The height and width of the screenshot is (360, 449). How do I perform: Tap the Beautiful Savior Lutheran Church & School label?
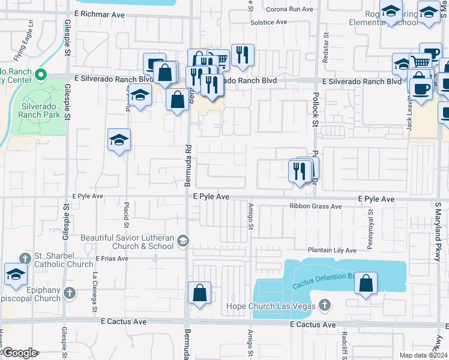pyautogui.click(x=127, y=242)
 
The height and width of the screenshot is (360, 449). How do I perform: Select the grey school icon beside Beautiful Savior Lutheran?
pyautogui.click(x=182, y=241)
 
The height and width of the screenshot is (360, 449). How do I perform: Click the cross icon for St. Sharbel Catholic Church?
pyautogui.click(x=24, y=259)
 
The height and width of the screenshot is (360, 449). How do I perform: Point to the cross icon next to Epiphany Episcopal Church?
pyautogui.click(x=70, y=293)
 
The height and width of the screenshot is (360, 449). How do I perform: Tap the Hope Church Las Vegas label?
pyautogui.click(x=270, y=307)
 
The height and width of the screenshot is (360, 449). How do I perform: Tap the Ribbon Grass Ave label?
pyautogui.click(x=315, y=206)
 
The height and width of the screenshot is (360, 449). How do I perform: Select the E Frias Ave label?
pyautogui.click(x=112, y=259)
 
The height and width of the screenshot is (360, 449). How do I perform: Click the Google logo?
pyautogui.click(x=19, y=353)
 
